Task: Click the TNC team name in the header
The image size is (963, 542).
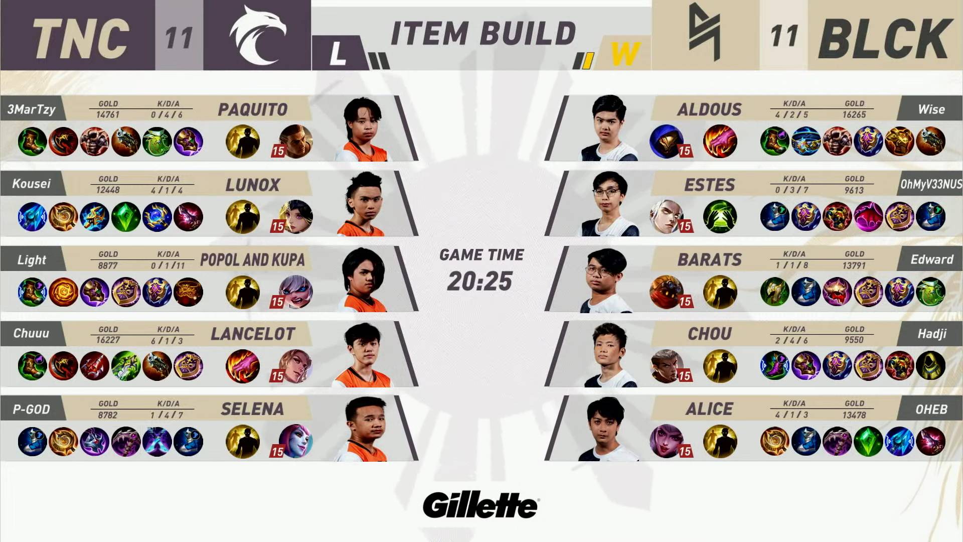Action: pyautogui.click(x=81, y=38)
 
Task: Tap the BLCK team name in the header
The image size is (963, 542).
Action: pyautogui.click(x=885, y=38)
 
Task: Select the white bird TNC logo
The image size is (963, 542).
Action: pyautogui.click(x=257, y=35)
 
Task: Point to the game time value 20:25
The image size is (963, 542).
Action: pyautogui.click(x=480, y=281)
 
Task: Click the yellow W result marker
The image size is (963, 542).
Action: pyautogui.click(x=625, y=53)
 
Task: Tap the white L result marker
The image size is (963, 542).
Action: pyautogui.click(x=338, y=53)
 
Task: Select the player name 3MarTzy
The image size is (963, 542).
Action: pyautogui.click(x=31, y=109)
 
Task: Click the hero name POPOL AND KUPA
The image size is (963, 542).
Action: pyautogui.click(x=252, y=259)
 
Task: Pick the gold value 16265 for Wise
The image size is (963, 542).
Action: pyautogui.click(x=854, y=114)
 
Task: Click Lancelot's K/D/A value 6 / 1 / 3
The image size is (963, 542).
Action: pyautogui.click(x=167, y=340)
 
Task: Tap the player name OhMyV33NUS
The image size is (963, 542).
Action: pyautogui.click(x=931, y=184)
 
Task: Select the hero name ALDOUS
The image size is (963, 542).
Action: pyautogui.click(x=709, y=109)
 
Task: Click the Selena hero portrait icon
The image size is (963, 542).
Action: pyautogui.click(x=296, y=441)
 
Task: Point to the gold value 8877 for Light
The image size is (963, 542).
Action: pyautogui.click(x=108, y=265)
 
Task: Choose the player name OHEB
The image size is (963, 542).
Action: pyautogui.click(x=931, y=410)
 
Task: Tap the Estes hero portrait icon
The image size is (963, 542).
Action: pyautogui.click(x=667, y=216)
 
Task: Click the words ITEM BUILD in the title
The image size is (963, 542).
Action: pyautogui.click(x=483, y=34)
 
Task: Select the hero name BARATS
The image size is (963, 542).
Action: pyautogui.click(x=709, y=259)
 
